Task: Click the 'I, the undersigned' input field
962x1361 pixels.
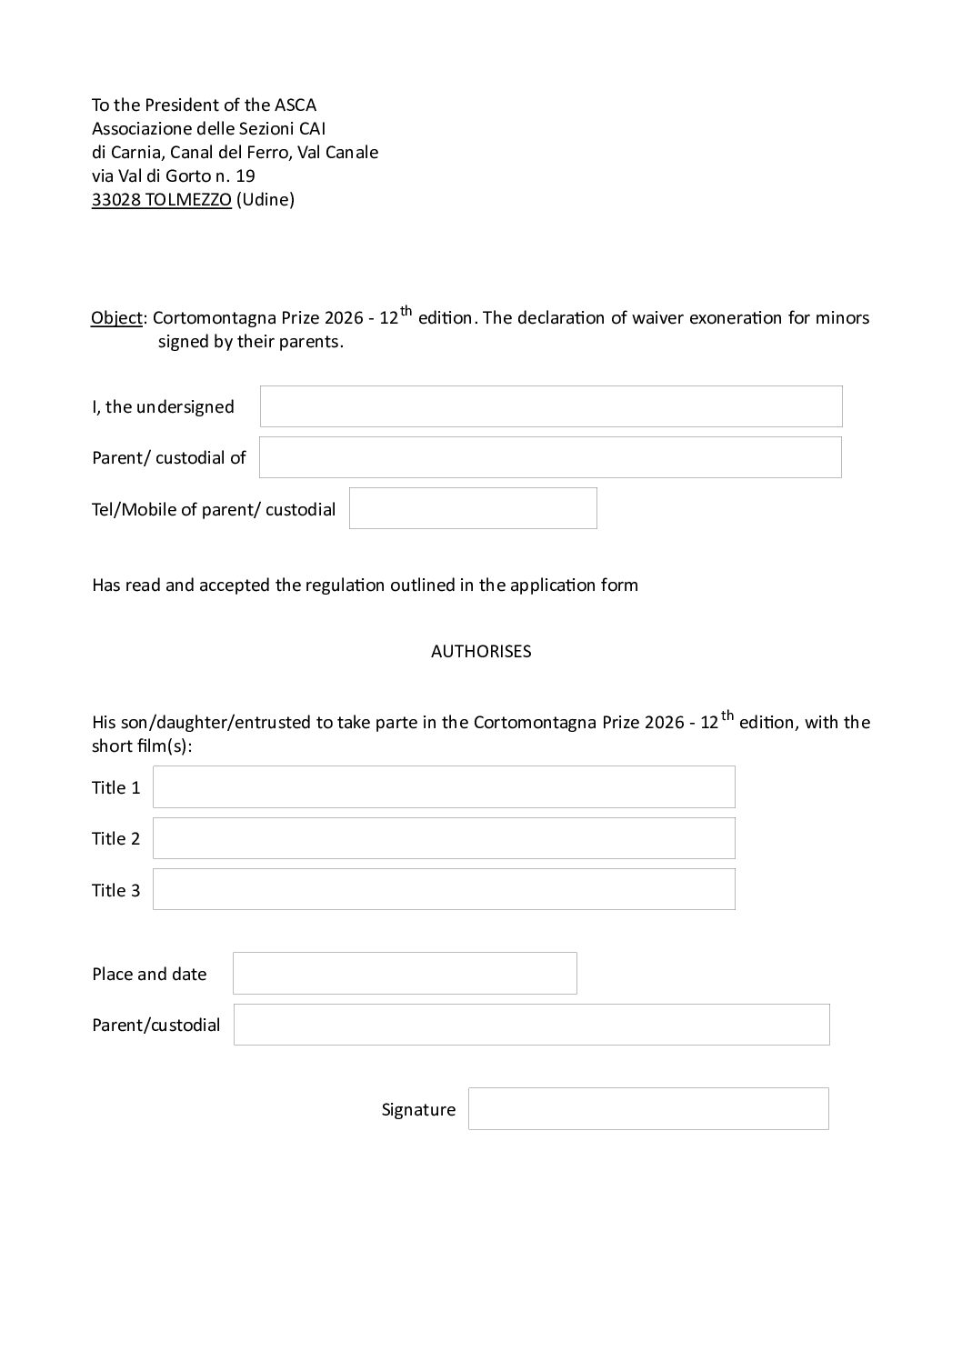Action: pos(551,406)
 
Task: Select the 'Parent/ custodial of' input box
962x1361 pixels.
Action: pos(550,457)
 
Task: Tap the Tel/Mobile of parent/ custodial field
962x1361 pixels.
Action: pos(473,508)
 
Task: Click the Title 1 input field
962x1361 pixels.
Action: pos(444,787)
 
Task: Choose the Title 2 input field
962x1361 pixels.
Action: pos(444,838)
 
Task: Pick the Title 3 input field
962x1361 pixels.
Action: pos(444,889)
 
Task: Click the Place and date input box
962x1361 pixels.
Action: pos(405,974)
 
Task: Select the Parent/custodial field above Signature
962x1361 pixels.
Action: pos(532,1025)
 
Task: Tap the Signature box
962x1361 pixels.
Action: pos(648,1109)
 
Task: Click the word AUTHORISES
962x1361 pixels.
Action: pos(481,652)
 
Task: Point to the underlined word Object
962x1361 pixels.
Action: pos(116,318)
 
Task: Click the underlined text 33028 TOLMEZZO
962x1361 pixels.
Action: pos(161,200)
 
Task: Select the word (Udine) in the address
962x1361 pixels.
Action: pos(266,200)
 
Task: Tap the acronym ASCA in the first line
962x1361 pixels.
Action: pos(296,105)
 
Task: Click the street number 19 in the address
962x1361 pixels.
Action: pos(245,176)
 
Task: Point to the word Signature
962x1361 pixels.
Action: pos(418,1110)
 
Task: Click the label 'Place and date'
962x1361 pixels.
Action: pos(149,975)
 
